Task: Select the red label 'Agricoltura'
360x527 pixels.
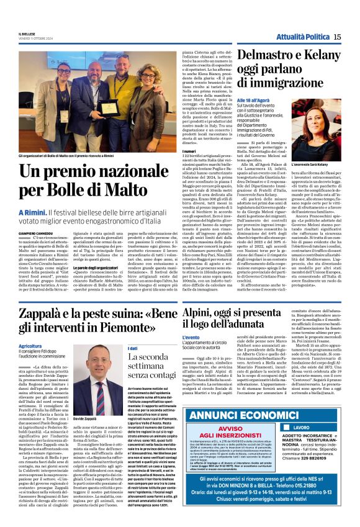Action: [30, 346]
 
